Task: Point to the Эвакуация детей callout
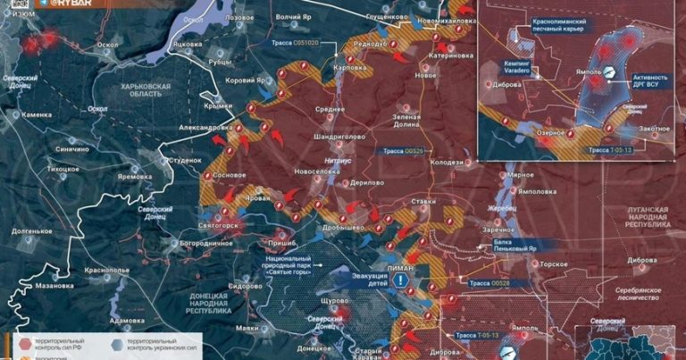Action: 370,280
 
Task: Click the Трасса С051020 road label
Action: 305,42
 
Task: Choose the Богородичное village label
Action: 200,242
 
